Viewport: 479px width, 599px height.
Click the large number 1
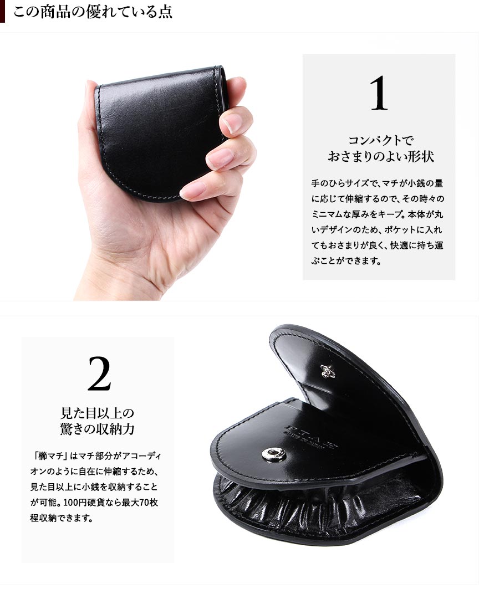379,93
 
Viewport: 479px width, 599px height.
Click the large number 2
99,373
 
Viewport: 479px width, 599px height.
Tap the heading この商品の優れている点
93,11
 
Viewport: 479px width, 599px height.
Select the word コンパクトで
381,141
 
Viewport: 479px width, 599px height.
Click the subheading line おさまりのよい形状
381,157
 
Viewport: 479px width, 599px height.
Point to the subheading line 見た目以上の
98,413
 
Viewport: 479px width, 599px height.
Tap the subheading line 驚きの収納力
98,429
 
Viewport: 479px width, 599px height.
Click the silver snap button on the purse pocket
274,454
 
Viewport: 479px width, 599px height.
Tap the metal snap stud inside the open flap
327,371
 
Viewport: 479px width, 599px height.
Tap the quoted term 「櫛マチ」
50,455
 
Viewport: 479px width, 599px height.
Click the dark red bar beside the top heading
2,11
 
